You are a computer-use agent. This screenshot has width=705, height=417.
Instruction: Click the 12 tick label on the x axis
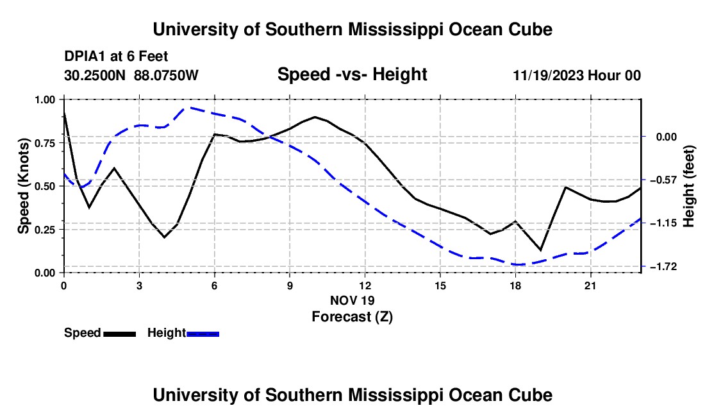[365, 285]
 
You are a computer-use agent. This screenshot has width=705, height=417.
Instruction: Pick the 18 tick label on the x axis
[515, 285]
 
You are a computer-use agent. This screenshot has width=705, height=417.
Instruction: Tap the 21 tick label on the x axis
[590, 285]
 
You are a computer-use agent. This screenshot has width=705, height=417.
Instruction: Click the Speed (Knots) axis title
[23, 186]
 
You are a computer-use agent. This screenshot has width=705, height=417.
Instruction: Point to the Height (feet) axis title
[689, 186]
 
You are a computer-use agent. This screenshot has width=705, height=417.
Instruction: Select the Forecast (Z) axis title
[352, 317]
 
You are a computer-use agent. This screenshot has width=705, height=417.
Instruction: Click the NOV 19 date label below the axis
[352, 300]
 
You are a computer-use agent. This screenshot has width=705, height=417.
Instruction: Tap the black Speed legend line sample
[120, 334]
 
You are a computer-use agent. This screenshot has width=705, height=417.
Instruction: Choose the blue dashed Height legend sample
[203, 334]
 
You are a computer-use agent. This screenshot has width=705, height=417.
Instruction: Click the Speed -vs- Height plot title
[352, 74]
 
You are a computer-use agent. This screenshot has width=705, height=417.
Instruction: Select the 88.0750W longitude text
[166, 75]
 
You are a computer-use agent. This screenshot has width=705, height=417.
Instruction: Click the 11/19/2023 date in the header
[548, 75]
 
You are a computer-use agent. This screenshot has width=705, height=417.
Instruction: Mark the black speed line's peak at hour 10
[315, 117]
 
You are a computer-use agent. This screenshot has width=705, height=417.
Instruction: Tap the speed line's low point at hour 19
[540, 250]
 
